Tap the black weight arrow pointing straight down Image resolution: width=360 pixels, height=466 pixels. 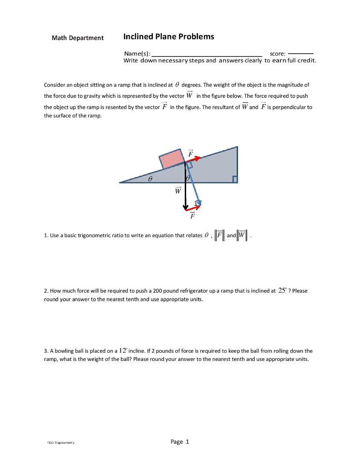click(185, 191)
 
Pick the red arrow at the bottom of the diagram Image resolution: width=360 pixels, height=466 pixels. click(193, 208)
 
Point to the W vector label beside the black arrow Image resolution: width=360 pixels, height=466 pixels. click(178, 190)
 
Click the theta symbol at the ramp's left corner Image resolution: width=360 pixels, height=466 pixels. click(148, 179)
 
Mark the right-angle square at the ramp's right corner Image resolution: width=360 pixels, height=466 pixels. click(235, 180)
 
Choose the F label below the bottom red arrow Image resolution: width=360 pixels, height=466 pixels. click(192, 216)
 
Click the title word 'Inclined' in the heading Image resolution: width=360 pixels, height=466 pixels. click(139, 37)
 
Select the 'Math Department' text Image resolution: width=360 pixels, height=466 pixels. click(77, 38)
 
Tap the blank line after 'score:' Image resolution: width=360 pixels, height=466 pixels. click(301, 54)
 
